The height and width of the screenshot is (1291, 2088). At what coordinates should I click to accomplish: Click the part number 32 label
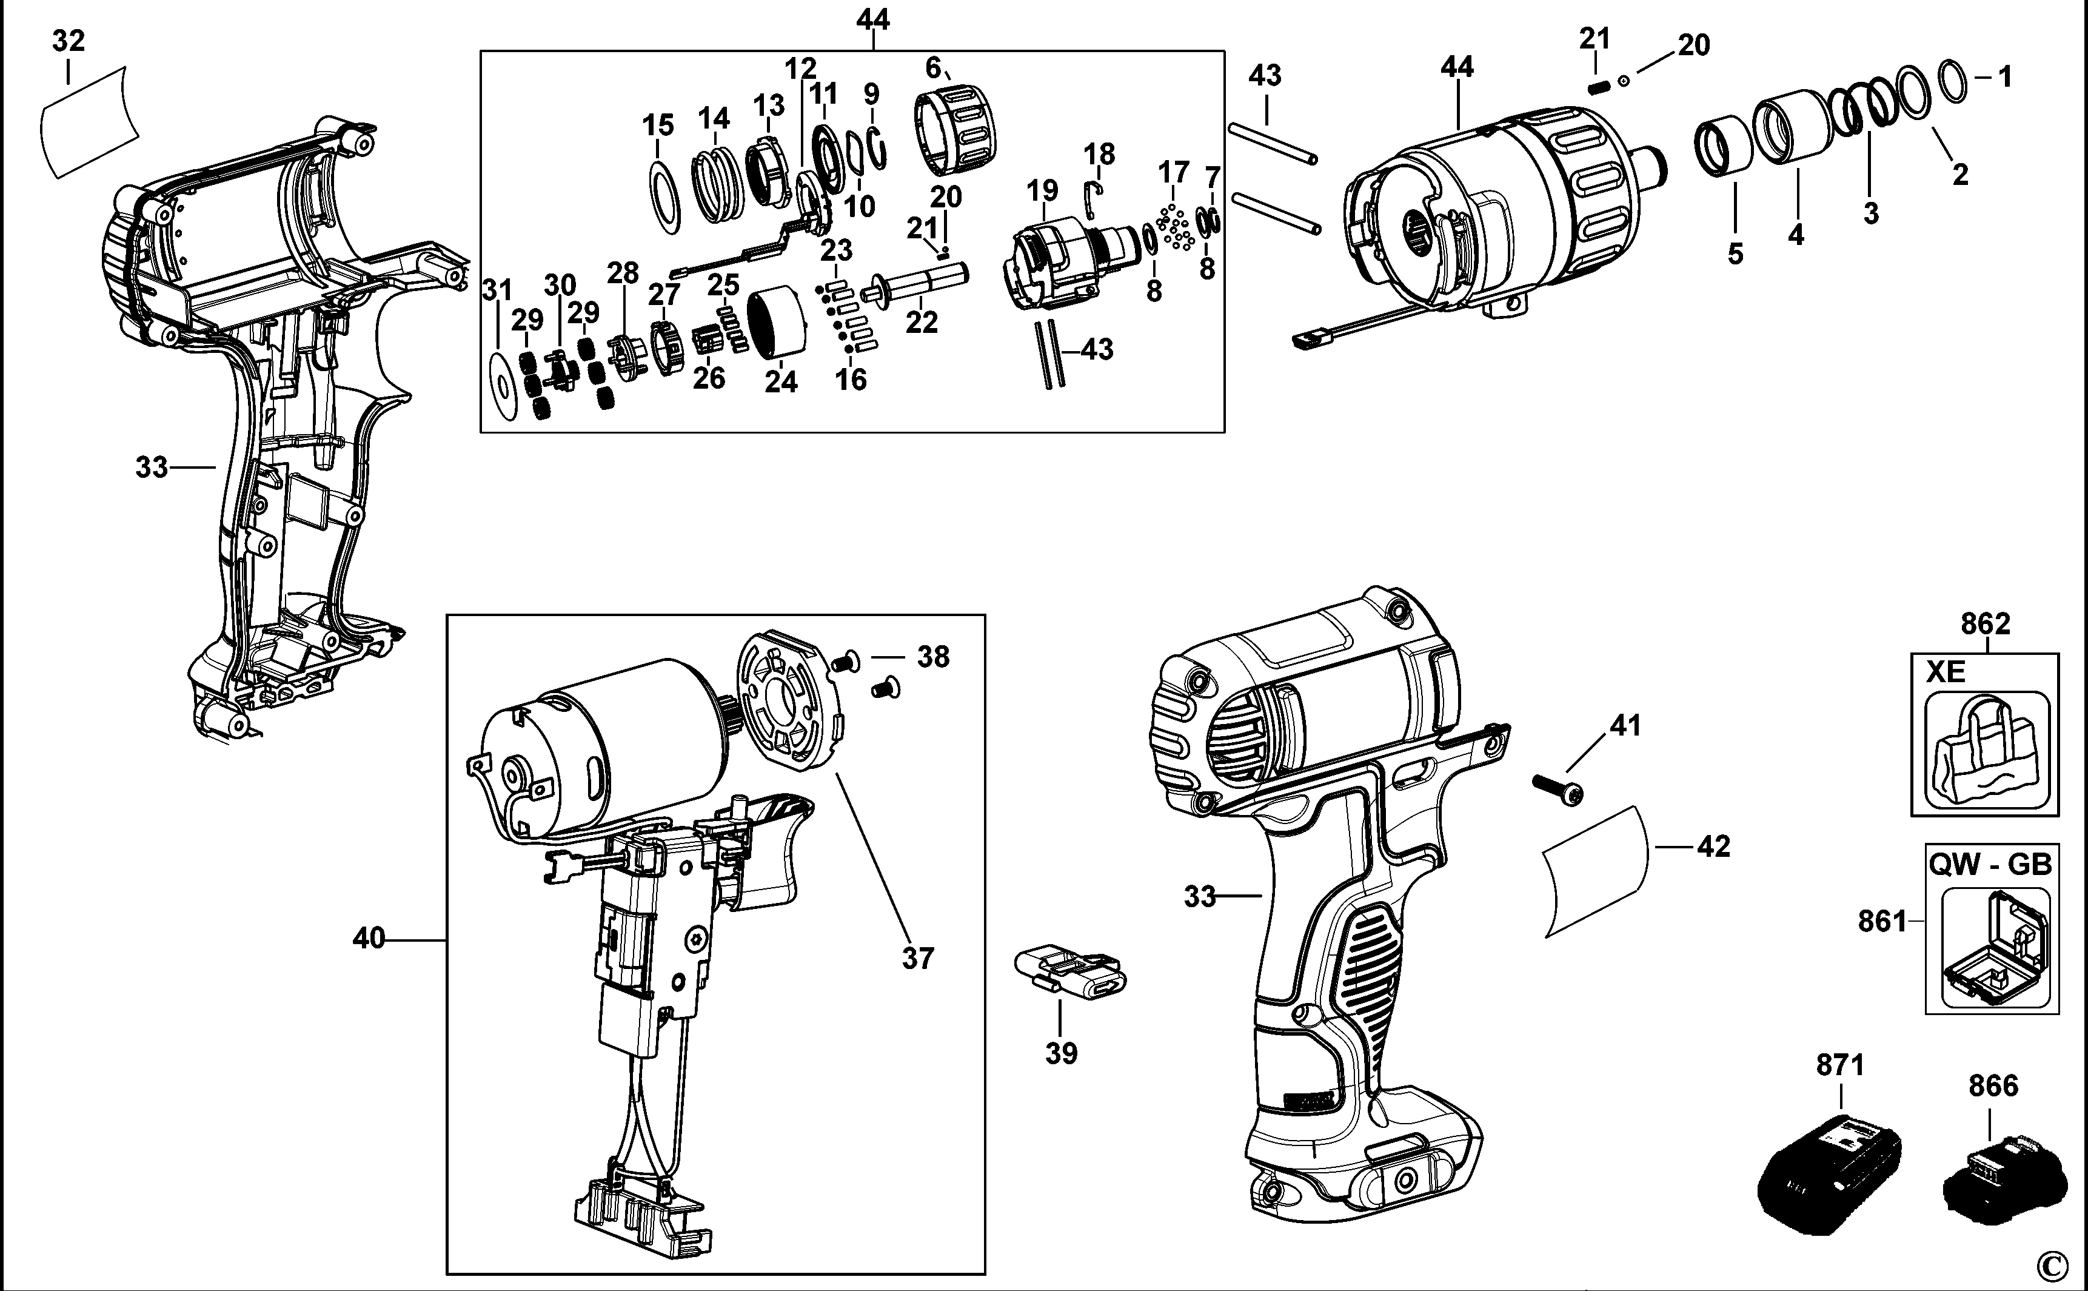(69, 40)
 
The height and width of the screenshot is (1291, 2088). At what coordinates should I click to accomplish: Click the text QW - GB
(1989, 864)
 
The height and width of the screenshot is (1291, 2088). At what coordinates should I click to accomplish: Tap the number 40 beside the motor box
(369, 938)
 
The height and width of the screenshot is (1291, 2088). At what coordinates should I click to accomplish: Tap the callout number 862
(1985, 623)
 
